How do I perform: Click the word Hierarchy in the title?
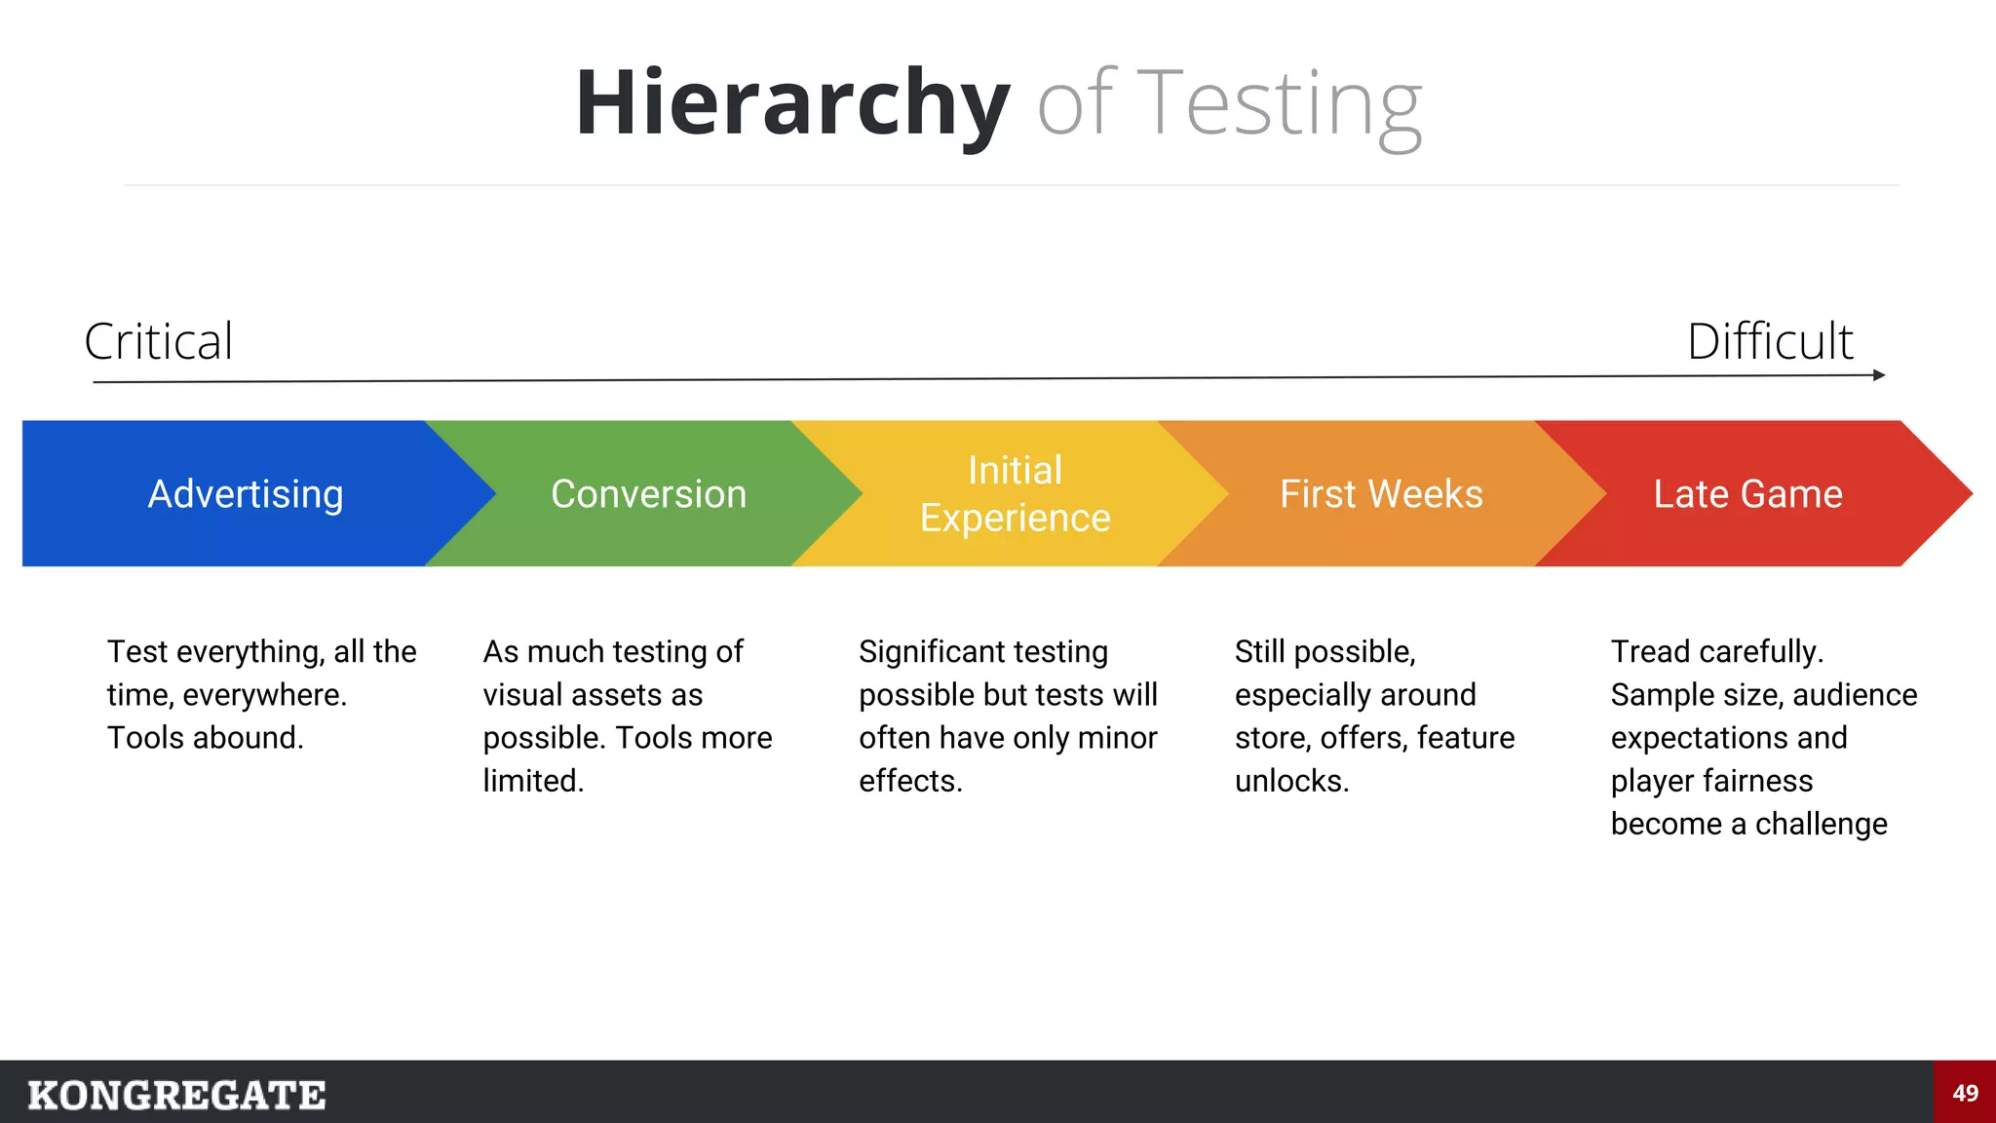(x=791, y=103)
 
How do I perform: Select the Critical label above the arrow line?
(x=159, y=341)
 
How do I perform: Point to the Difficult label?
(x=1770, y=341)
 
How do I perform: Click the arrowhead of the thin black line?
(x=1879, y=375)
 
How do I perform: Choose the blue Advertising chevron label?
(x=246, y=494)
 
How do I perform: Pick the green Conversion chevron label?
(x=649, y=494)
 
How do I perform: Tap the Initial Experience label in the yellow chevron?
(x=1016, y=494)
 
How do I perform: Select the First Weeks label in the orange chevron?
(x=1381, y=494)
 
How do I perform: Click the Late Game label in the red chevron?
(x=1748, y=494)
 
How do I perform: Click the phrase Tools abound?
(x=205, y=738)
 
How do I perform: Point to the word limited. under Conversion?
(x=533, y=781)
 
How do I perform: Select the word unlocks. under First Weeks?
(x=1291, y=781)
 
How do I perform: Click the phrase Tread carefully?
(x=1717, y=651)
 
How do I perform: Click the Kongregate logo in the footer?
(x=176, y=1095)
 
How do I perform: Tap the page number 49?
(x=1965, y=1093)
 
